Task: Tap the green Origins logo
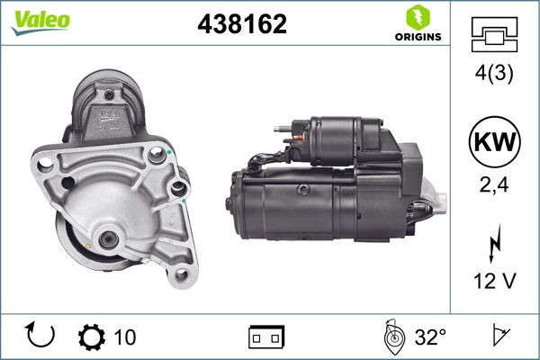(x=416, y=24)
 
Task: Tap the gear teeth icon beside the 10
(x=92, y=337)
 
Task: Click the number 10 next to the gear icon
(x=125, y=337)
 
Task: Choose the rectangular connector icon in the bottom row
(x=266, y=337)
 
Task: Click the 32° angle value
(x=429, y=337)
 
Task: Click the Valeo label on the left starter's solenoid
(x=110, y=114)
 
